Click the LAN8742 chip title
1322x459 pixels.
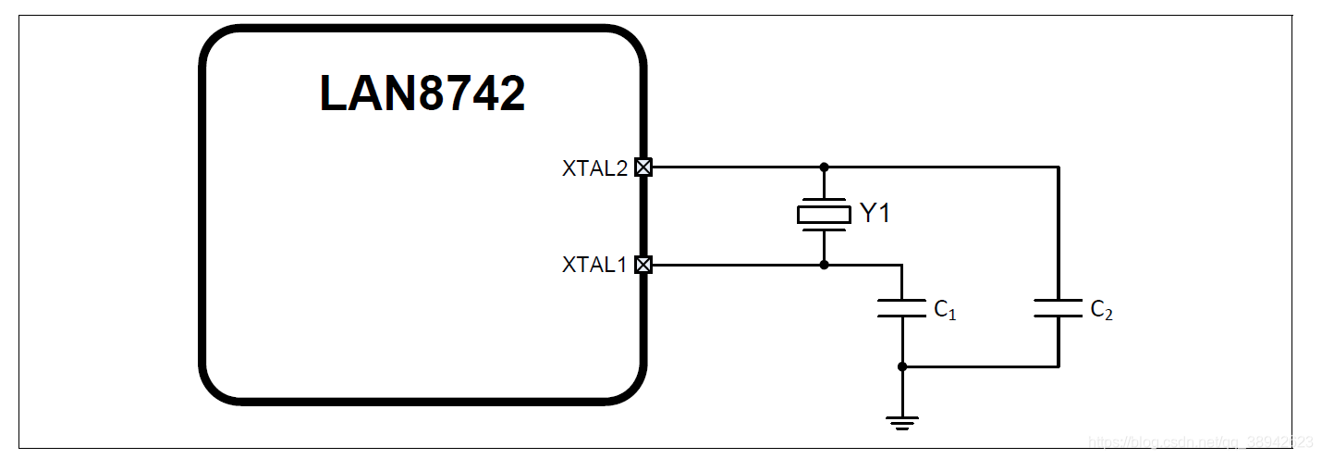pos(422,93)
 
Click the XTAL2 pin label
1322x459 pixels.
pos(594,168)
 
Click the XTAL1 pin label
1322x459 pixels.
pos(594,265)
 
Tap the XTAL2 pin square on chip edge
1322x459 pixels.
pos(643,167)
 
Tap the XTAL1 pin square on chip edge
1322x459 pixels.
pos(643,265)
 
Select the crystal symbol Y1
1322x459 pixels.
pos(823,215)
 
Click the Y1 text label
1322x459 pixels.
pos(875,214)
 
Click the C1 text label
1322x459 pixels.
pos(945,310)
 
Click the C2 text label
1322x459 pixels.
pos(1101,310)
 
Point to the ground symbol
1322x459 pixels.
pos(901,423)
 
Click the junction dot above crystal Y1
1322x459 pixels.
pos(824,167)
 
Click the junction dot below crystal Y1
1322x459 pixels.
pos(824,265)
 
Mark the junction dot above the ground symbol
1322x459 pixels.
pos(902,366)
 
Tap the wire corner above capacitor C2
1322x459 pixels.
pos(1059,167)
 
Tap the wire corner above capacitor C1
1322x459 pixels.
pos(901,265)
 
